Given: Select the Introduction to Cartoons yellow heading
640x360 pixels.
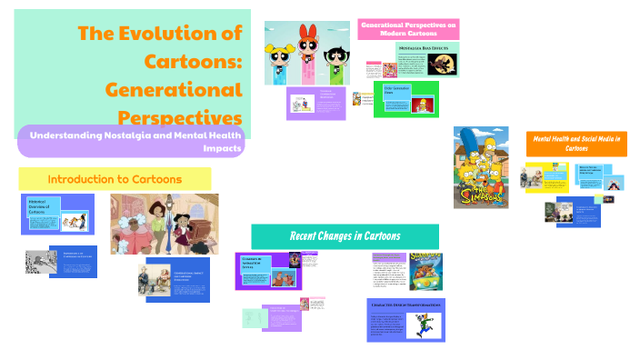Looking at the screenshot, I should click(115, 179).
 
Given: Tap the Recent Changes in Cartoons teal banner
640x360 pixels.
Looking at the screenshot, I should click(345, 236).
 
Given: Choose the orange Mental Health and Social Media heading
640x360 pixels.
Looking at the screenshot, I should click(578, 143).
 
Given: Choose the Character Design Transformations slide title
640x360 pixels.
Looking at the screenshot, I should click(405, 305).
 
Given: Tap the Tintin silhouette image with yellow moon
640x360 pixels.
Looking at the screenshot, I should click(441, 65).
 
